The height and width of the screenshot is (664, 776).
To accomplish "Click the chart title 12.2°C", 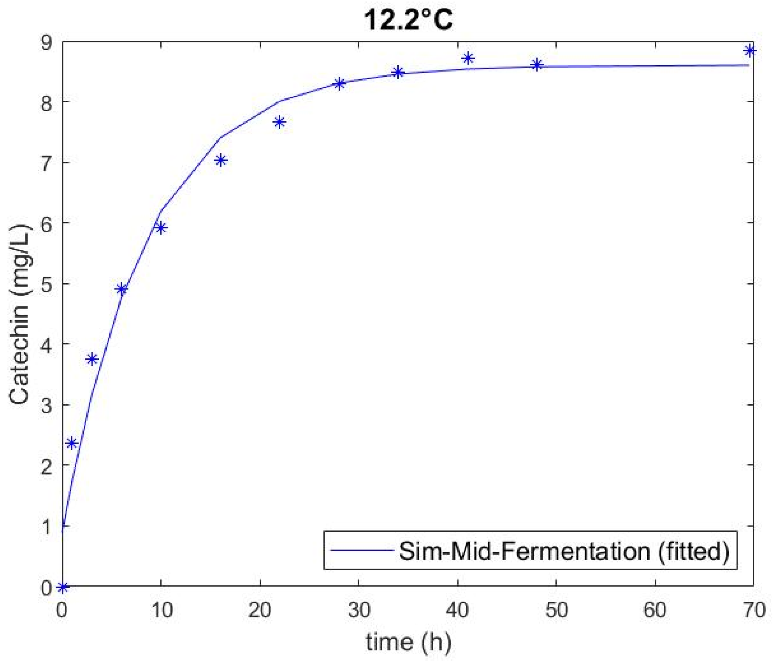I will click(408, 19).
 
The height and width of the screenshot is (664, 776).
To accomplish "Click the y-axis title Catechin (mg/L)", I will click(19, 314).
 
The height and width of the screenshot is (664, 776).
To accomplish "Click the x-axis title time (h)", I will click(408, 642).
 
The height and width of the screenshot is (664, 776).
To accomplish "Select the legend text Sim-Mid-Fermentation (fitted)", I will click(564, 551).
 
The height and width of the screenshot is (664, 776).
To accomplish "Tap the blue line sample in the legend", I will click(362, 550).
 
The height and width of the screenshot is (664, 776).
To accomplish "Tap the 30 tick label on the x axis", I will click(359, 610).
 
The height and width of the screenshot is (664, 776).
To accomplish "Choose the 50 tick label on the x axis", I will click(556, 610).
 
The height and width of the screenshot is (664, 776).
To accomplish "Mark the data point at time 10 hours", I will click(161, 228).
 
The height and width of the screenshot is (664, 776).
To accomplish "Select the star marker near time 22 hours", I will click(279, 122).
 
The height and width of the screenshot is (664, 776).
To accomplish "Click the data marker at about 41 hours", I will click(468, 59).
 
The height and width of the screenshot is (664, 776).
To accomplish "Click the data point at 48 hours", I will click(537, 64).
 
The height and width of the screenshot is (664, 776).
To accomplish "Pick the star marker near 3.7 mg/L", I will click(92, 359).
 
